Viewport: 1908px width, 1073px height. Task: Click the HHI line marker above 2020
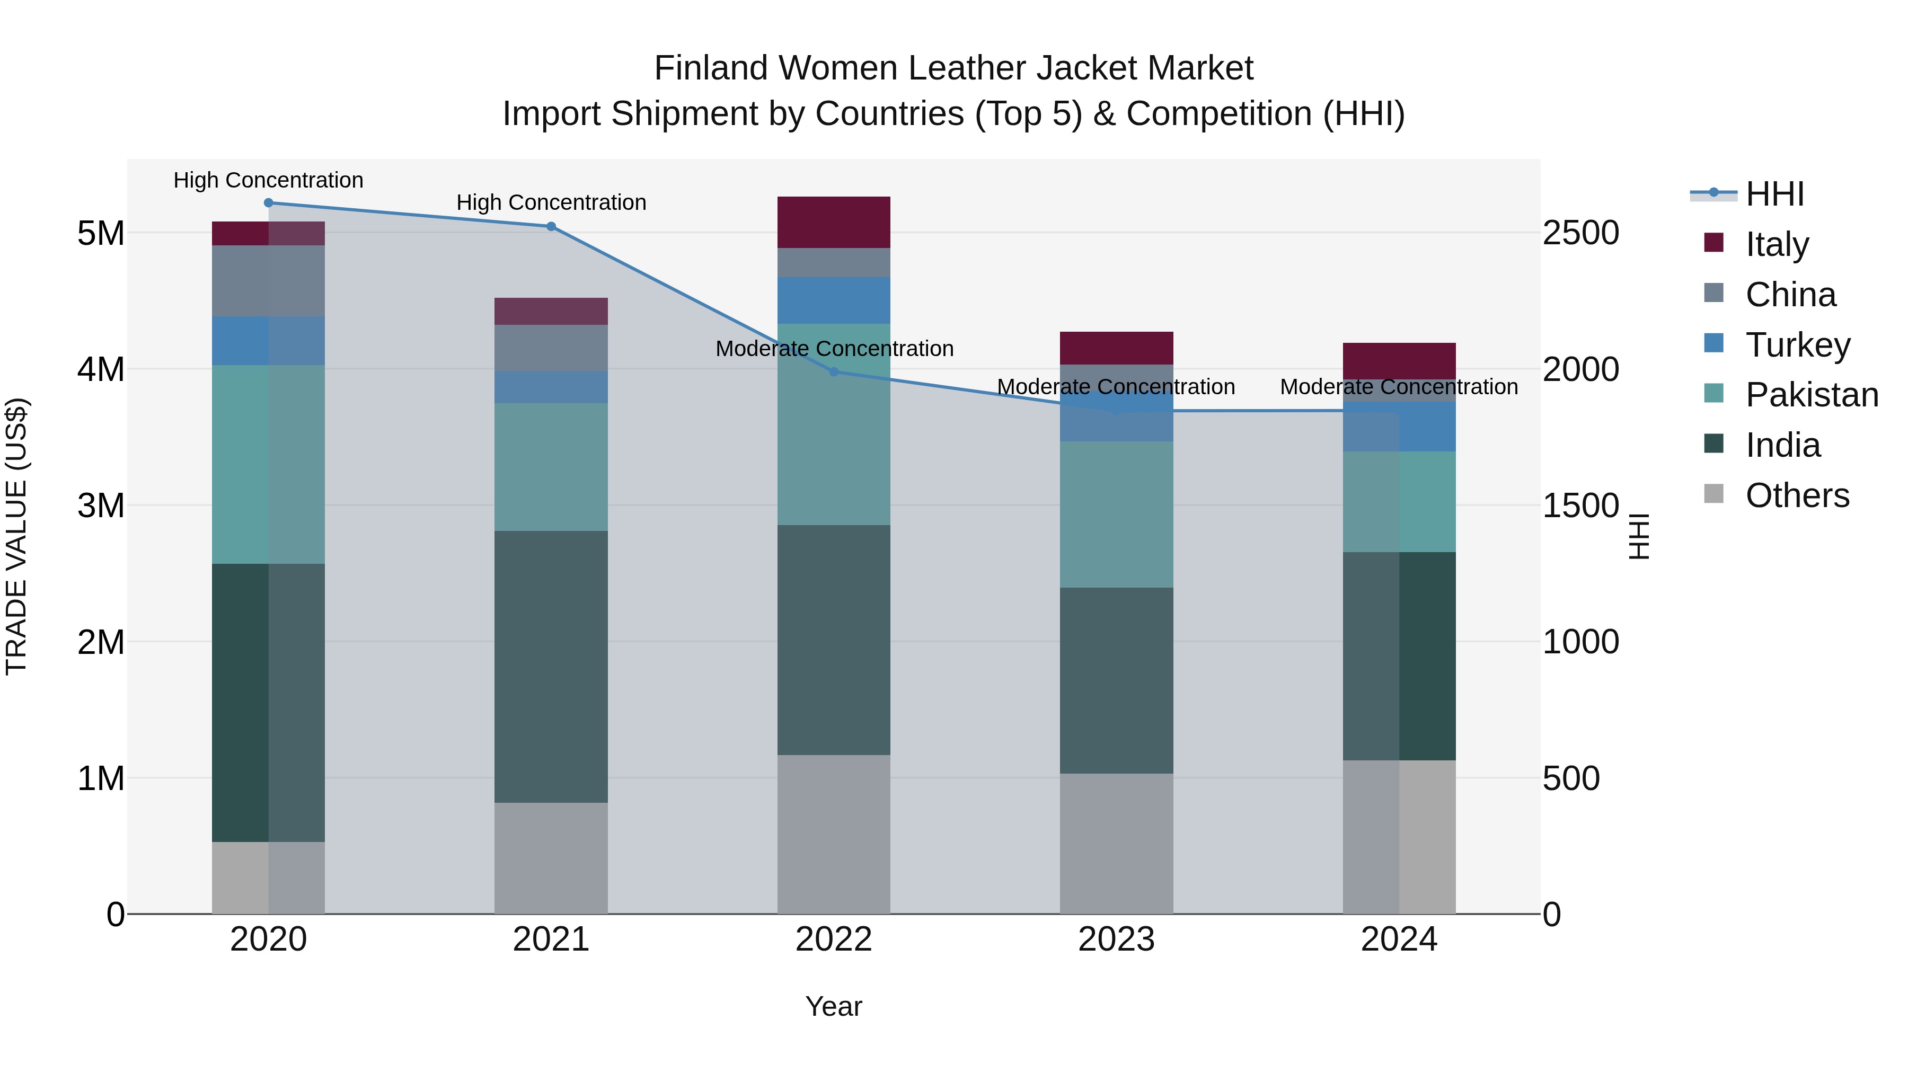268,203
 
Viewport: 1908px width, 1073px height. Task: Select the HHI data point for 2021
551,227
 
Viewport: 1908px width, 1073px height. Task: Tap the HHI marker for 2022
834,372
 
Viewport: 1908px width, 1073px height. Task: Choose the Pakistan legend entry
1811,395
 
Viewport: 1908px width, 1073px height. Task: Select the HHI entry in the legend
1774,194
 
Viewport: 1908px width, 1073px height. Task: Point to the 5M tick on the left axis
101,233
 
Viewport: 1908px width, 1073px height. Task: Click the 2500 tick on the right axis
1580,233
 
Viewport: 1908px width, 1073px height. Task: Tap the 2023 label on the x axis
1116,939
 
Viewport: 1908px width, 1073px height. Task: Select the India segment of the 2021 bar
551,667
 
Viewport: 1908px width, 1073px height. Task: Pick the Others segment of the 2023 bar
1116,844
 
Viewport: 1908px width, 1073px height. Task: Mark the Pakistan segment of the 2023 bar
1116,515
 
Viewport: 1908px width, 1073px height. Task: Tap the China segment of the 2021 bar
551,348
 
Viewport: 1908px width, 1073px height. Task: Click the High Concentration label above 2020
268,181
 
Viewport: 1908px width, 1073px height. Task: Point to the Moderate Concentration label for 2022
834,349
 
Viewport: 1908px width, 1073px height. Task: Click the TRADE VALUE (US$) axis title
16,536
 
